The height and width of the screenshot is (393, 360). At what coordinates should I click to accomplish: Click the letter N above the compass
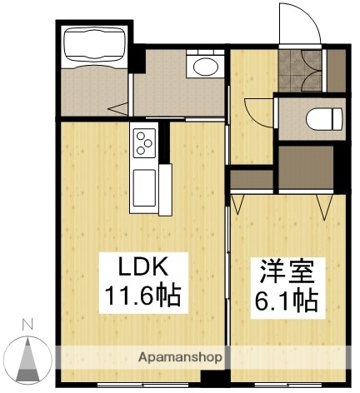pos(27,324)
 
